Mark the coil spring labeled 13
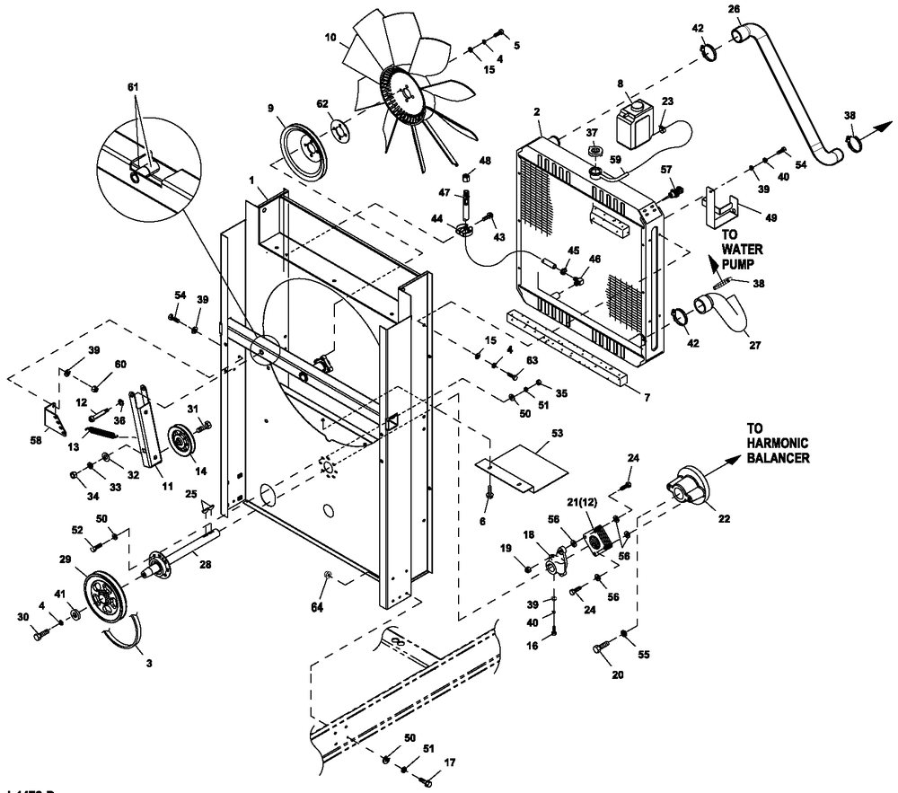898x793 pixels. pos(103,434)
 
